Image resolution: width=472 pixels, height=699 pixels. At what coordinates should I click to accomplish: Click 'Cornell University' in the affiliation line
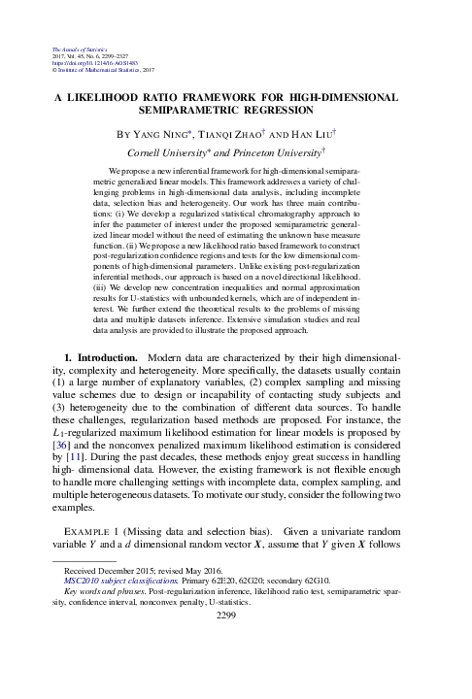[x=176, y=152]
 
